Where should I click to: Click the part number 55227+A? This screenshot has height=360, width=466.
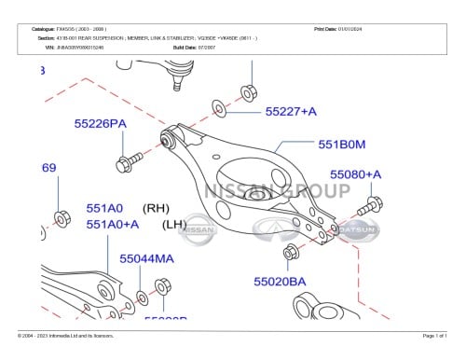(291, 112)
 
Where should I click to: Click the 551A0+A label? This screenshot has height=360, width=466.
(113, 225)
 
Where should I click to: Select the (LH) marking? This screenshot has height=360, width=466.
(175, 225)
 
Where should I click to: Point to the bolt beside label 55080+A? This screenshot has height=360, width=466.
(370, 203)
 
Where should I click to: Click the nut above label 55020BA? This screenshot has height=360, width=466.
(290, 252)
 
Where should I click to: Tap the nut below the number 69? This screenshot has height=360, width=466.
(62, 218)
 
